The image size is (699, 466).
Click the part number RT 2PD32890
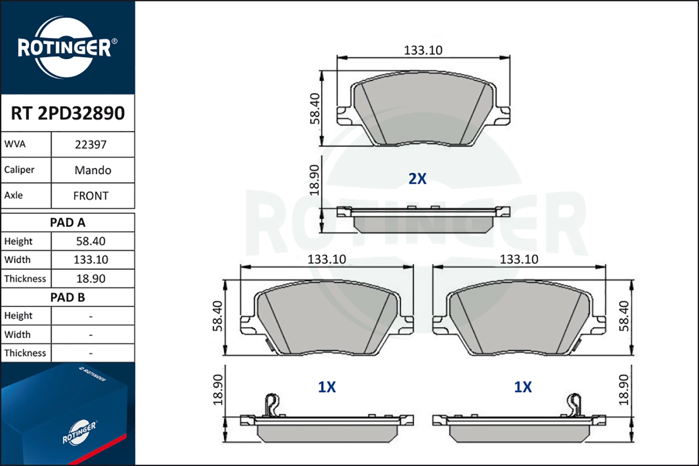pos(68,113)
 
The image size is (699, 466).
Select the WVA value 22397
pos(91,145)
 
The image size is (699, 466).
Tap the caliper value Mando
pos(93,170)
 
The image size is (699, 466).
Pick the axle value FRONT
pos(91,196)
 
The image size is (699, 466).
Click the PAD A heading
pos(68,223)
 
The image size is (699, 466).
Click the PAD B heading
pos(68,297)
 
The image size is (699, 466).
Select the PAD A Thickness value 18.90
pos(91,279)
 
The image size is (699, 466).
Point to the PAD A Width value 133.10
pos(91,260)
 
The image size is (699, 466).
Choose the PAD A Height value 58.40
pos(91,241)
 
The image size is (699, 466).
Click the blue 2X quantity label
pos(417,179)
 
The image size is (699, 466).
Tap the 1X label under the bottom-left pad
pos(327,387)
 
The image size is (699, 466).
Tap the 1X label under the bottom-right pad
pos(522,387)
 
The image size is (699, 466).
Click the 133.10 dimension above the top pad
pos(423,50)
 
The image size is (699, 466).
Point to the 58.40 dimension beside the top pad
pos(315,109)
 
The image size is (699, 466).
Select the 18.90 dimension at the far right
pos(624,390)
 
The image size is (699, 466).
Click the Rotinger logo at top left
pos(65,48)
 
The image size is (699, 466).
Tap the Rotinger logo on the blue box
pos(79,432)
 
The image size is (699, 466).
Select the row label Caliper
pos(20,170)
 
